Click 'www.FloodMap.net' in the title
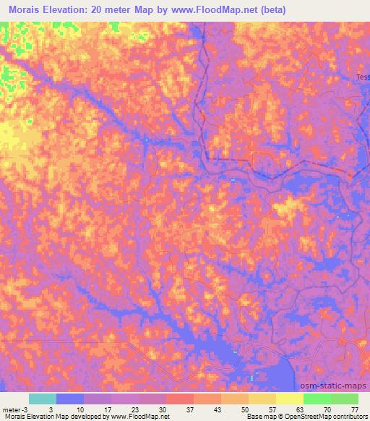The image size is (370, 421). click(x=220, y=10)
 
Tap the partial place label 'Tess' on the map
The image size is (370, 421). click(x=362, y=77)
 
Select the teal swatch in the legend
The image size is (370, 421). click(x=42, y=399)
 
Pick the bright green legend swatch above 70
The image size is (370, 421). click(x=317, y=399)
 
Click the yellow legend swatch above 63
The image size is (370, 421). click(x=289, y=399)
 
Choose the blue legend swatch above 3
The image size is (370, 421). click(x=69, y=399)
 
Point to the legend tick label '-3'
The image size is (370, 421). click(x=26, y=409)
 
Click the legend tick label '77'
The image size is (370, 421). click(x=354, y=409)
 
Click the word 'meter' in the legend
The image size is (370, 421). click(x=11, y=409)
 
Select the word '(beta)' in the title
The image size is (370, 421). click(x=273, y=10)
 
